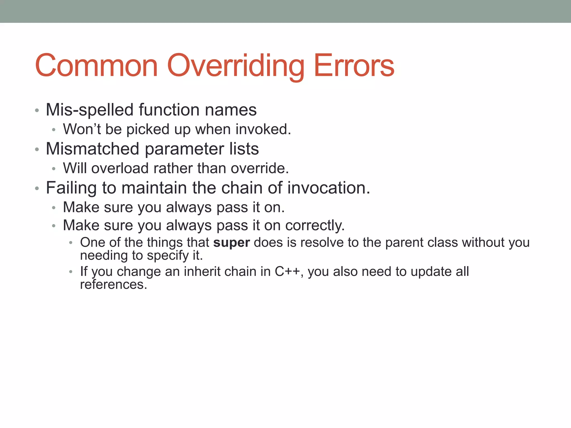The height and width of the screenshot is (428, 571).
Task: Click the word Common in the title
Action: click(96, 66)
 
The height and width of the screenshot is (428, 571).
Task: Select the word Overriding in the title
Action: click(236, 66)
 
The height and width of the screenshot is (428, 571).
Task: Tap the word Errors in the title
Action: click(354, 66)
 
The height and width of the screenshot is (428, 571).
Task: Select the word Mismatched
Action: click(92, 149)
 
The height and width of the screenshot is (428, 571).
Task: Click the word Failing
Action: click(71, 188)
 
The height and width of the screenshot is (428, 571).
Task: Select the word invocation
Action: click(329, 188)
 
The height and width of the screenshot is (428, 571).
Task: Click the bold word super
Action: click(231, 242)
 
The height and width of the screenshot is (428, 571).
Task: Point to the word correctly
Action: click(315, 225)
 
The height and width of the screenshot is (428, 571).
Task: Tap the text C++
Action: click(287, 271)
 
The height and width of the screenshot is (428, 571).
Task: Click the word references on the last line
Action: click(113, 284)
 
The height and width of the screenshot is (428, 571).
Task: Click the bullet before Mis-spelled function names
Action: click(37, 111)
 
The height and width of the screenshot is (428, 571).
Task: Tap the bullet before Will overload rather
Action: click(54, 169)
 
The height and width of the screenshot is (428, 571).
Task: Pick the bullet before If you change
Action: click(71, 272)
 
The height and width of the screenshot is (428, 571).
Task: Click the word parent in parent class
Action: click(404, 242)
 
